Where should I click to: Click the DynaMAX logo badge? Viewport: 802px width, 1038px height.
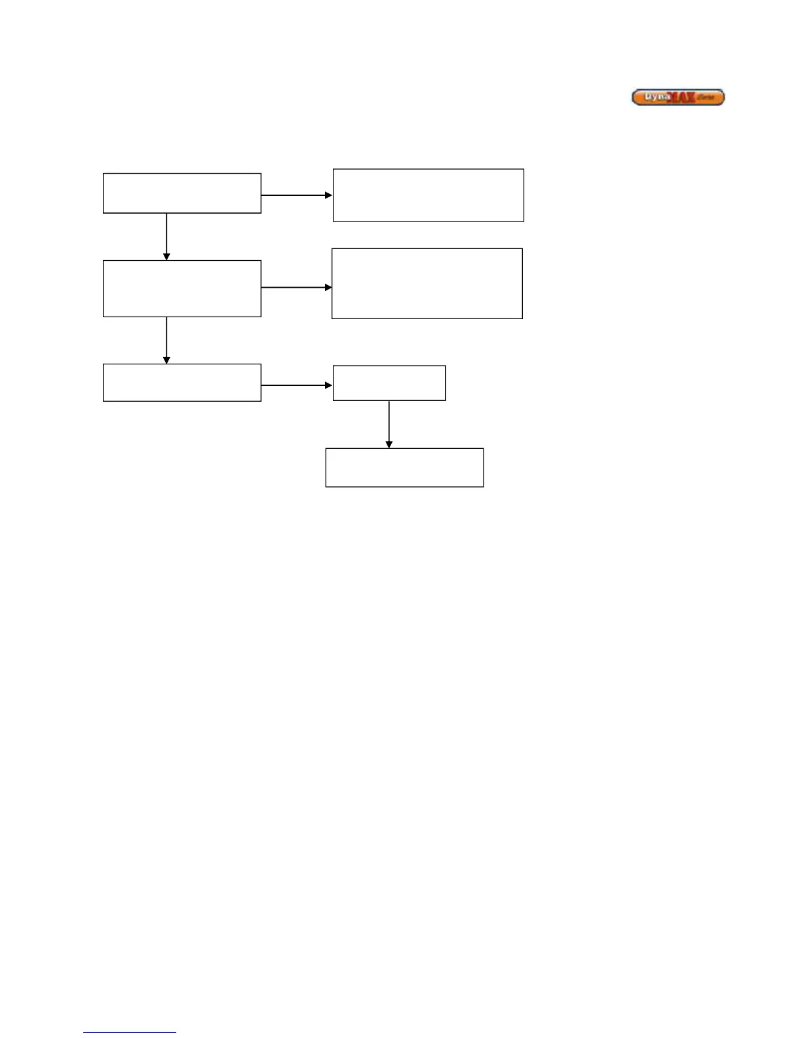(678, 98)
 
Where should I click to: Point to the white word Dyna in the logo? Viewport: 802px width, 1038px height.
(657, 96)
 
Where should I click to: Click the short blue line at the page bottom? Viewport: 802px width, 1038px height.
(130, 1033)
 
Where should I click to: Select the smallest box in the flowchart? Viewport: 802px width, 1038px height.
(389, 383)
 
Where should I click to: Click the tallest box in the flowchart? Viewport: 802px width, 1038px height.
(427, 284)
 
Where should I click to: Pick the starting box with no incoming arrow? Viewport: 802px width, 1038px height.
(182, 193)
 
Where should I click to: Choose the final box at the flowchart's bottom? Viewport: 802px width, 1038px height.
(404, 468)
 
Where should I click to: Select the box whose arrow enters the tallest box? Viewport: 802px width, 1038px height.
(182, 288)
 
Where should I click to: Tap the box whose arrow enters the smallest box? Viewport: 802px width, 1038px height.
(182, 383)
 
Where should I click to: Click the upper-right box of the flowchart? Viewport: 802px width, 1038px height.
(429, 195)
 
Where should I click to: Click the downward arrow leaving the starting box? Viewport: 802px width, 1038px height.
(166, 236)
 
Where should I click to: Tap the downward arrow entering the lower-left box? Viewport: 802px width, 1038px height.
(166, 340)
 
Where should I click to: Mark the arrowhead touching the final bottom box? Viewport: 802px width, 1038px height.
(389, 445)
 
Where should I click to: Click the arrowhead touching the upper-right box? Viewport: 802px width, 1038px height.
(329, 195)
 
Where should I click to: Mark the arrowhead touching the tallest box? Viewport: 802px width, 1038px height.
(328, 287)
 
